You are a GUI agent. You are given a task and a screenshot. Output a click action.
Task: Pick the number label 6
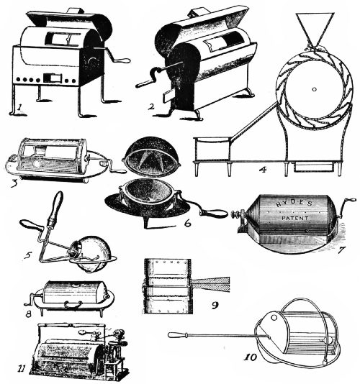point(186,223)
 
